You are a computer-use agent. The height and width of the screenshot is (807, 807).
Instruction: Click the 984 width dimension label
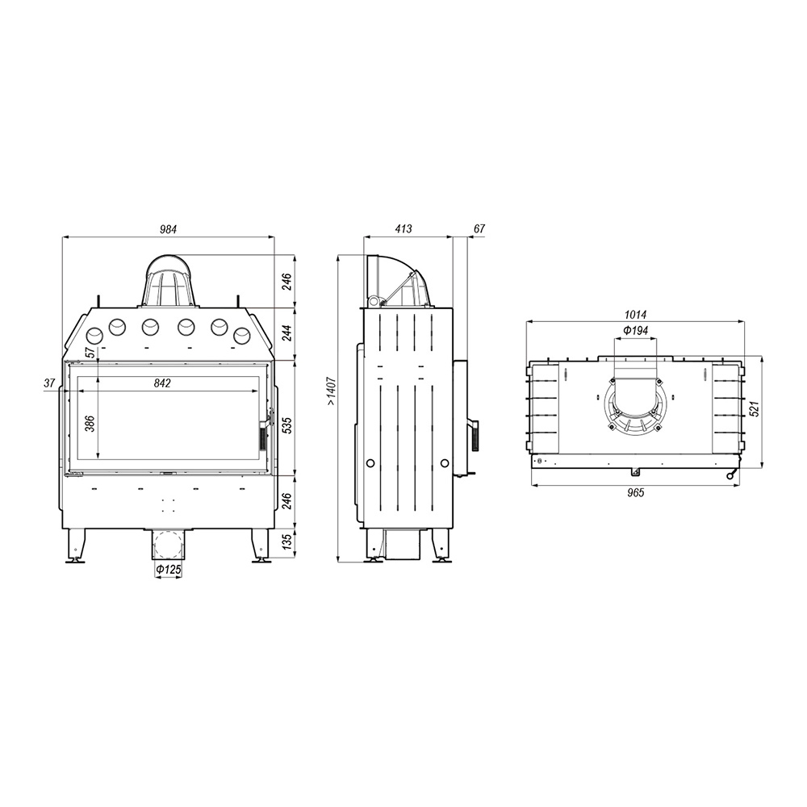(x=169, y=229)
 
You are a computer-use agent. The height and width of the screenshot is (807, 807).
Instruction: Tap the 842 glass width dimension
(x=162, y=383)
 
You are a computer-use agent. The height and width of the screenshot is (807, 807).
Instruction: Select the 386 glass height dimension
(x=90, y=423)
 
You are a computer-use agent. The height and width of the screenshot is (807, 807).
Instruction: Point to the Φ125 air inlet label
(x=169, y=570)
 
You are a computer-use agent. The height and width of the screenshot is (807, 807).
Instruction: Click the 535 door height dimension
(x=287, y=425)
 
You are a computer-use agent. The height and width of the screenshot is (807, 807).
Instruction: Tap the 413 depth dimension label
(x=403, y=228)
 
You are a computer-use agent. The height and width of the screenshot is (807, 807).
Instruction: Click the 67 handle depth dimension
(x=479, y=228)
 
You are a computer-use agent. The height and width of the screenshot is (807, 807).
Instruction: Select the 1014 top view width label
(x=636, y=315)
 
